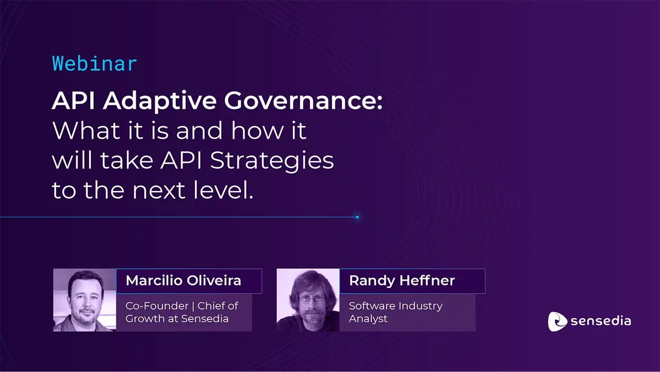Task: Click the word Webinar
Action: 94,63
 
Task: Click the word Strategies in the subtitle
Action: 272,161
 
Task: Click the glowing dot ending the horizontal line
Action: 357,217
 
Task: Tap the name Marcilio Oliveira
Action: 183,281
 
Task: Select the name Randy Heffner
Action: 402,281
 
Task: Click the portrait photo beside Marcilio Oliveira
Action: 85,300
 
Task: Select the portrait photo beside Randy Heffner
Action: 308,300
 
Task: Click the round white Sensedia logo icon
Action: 557,321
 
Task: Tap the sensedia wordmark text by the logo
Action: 601,321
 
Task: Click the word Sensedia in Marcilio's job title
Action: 206,318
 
